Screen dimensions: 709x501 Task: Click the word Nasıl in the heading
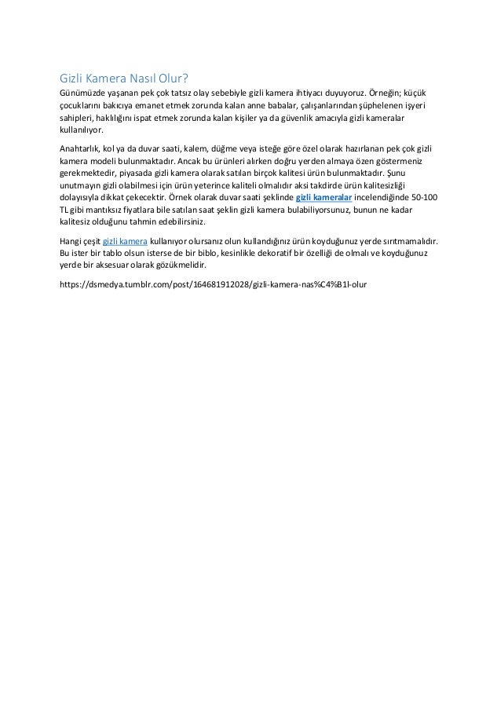click(x=141, y=79)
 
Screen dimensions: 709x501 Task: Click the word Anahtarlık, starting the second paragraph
click(x=84, y=148)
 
